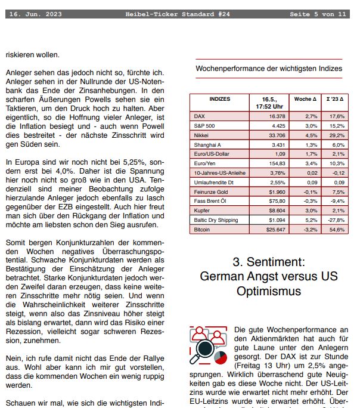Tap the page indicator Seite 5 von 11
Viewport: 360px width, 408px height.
tap(317, 14)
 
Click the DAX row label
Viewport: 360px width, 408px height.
tap(200, 116)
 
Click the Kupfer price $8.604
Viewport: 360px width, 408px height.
tap(276, 211)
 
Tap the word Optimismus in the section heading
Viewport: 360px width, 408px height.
tap(269, 292)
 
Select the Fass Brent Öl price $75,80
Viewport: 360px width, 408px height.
tap(276, 201)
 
